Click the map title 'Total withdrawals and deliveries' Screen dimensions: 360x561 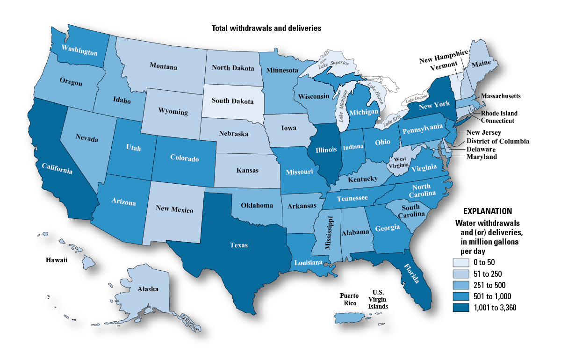coord(266,28)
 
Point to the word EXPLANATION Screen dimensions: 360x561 coord(487,211)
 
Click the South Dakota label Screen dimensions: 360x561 coord(232,101)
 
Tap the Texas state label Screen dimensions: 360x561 coord(238,245)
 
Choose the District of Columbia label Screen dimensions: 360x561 coord(497,141)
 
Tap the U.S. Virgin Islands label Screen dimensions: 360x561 coord(378,299)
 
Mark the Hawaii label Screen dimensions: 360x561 coord(57,260)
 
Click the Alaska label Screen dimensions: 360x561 coord(148,289)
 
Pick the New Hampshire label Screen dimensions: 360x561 coord(443,59)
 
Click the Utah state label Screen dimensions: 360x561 coord(133,148)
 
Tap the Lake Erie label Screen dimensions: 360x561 coord(393,122)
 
